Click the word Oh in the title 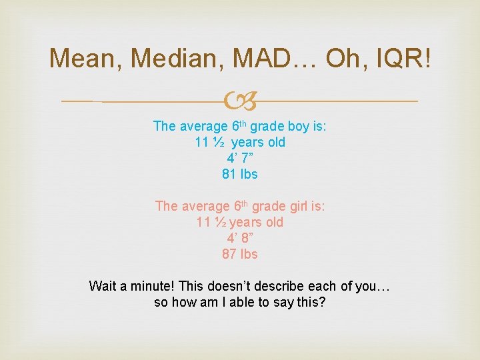[345, 58]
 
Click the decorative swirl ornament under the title [240, 101]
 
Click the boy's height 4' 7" [240, 158]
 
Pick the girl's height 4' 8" [240, 238]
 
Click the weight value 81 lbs [240, 174]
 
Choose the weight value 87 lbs [240, 254]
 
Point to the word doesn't [224, 286]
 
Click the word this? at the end [310, 302]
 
